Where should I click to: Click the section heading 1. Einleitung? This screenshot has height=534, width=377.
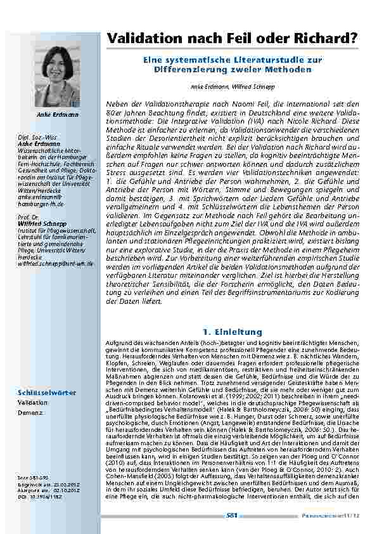[231, 331]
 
